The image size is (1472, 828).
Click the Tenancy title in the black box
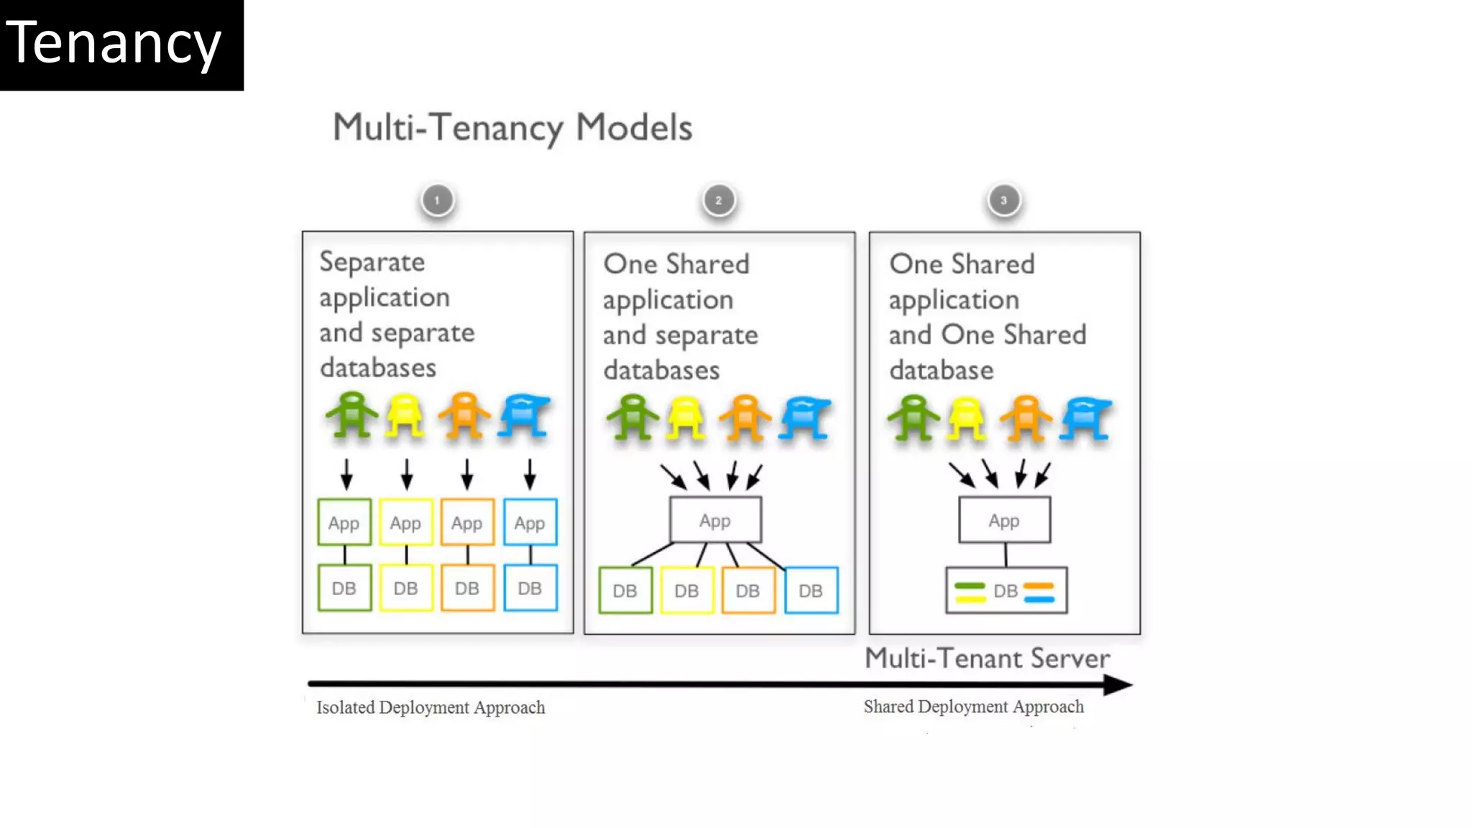click(x=114, y=45)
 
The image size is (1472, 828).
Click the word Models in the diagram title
click(x=634, y=128)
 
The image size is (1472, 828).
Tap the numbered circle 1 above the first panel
click(x=438, y=201)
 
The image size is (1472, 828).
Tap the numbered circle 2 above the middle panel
click(x=719, y=201)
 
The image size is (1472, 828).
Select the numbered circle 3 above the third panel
click(x=1004, y=201)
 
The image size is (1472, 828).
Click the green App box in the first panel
click(x=344, y=523)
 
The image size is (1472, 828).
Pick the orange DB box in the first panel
click(x=467, y=588)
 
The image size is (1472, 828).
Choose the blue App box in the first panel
click(x=530, y=523)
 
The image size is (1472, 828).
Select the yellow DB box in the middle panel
click(x=686, y=590)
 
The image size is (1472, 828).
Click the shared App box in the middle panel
click(x=715, y=520)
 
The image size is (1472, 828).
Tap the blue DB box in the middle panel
click(x=811, y=590)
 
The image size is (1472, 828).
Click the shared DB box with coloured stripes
click(x=1006, y=591)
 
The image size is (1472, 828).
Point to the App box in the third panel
click(x=1004, y=520)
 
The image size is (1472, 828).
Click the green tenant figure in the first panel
click(x=351, y=415)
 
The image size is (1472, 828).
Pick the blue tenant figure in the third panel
click(x=1086, y=418)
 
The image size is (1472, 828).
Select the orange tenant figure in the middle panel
click(x=745, y=417)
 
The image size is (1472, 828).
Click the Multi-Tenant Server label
click(x=987, y=658)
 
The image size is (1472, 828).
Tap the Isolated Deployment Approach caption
click(x=431, y=708)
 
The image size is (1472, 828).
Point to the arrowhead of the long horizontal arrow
click(x=1118, y=685)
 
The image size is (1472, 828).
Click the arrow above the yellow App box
click(x=407, y=474)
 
